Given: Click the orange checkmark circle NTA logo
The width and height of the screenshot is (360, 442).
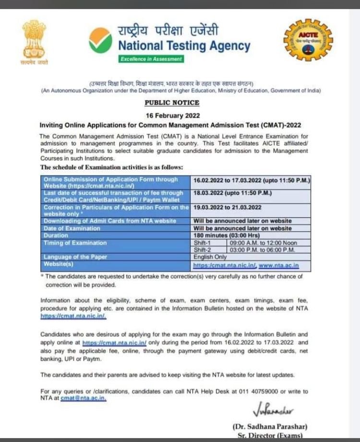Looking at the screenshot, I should tap(100, 40).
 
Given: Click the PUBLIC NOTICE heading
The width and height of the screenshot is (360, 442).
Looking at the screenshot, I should tap(172, 103).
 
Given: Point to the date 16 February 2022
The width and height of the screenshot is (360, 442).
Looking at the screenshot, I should tap(172, 116).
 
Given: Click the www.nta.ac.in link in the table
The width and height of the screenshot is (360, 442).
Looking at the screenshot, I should tap(278, 265).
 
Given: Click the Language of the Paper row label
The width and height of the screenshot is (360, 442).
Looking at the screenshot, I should tap(74, 257).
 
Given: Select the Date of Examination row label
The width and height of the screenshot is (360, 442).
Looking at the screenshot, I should tap(72, 228).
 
